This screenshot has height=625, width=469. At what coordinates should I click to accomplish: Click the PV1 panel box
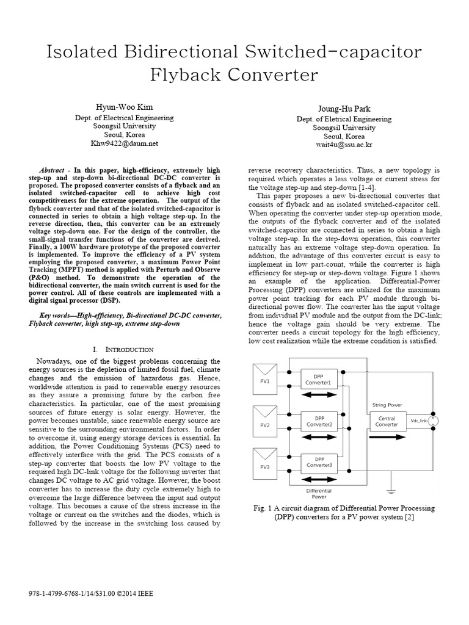coord(266,380)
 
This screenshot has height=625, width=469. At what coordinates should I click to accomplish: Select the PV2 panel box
coord(266,422)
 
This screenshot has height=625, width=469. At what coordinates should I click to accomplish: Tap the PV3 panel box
coord(266,463)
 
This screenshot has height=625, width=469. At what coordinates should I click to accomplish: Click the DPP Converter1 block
coord(319,380)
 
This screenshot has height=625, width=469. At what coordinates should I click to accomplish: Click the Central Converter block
coord(387,421)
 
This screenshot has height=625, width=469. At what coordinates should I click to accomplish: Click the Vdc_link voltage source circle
coord(434,421)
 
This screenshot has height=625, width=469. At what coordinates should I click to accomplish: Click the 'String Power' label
coord(387,404)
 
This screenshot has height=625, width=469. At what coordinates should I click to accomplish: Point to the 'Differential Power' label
coord(319,493)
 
